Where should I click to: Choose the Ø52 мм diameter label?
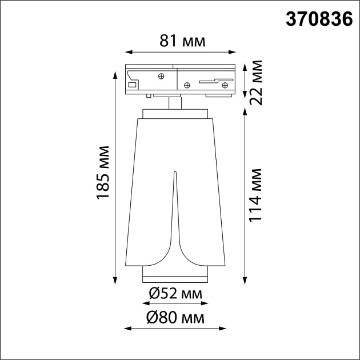coord(175,294)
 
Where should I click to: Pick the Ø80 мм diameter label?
coord(175,317)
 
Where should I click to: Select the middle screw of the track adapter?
coord(186,86)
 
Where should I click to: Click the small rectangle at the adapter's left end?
coord(133,85)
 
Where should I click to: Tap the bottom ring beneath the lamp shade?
coord(175,278)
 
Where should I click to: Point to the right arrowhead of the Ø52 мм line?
coord(205,305)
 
